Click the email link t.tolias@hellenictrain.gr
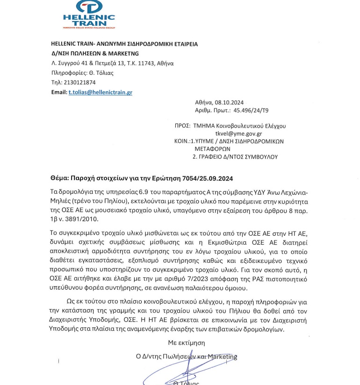[x=100, y=92]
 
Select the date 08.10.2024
[x=232, y=102]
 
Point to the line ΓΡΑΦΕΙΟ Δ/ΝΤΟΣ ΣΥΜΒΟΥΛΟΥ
[x=235, y=157]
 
